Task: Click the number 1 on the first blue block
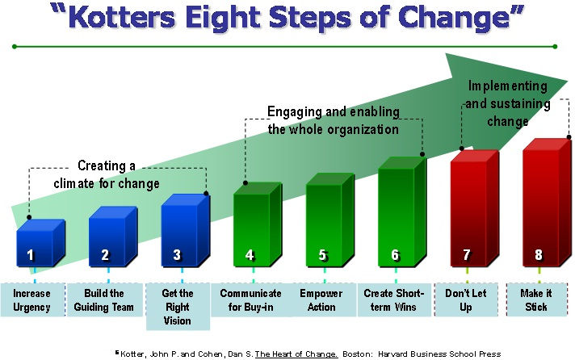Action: coord(31,255)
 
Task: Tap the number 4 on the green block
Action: coord(250,255)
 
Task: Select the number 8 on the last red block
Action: coord(539,255)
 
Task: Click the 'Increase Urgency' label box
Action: coord(31,300)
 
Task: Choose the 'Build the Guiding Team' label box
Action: coord(105,300)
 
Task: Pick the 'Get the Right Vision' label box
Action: coord(178,307)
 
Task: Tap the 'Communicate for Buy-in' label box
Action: coord(250,300)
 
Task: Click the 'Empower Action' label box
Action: coord(321,300)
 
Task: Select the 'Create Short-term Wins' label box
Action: coord(394,300)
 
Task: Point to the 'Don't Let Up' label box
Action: coord(467,300)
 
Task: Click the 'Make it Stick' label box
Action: coord(539,300)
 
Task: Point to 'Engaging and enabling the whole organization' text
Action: coord(333,120)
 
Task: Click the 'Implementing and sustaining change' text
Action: coord(508,103)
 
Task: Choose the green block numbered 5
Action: coord(323,222)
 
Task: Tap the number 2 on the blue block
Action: coord(105,255)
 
